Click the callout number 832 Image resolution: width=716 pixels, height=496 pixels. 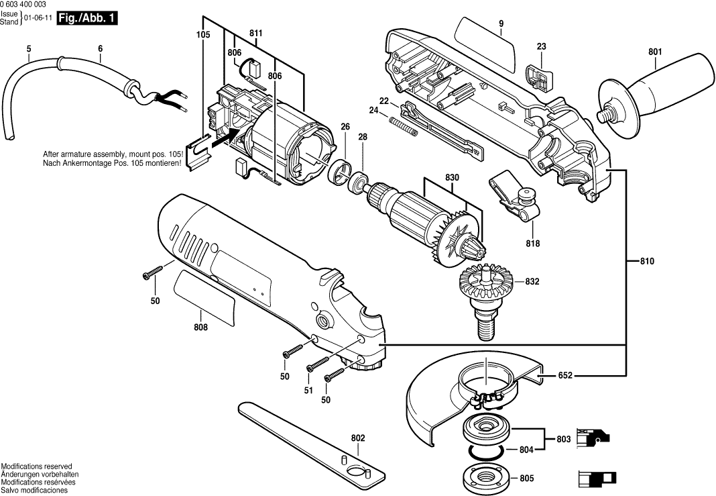[532, 281]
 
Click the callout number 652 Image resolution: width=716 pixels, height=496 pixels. [566, 377]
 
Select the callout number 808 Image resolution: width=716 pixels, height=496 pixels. [200, 328]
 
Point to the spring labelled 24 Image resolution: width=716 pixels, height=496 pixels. [404, 126]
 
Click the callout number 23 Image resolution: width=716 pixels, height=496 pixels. [541, 46]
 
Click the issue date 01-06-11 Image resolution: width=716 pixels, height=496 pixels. [39, 19]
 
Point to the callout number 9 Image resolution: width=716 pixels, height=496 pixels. [500, 25]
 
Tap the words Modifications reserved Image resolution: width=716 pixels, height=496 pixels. [36, 466]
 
